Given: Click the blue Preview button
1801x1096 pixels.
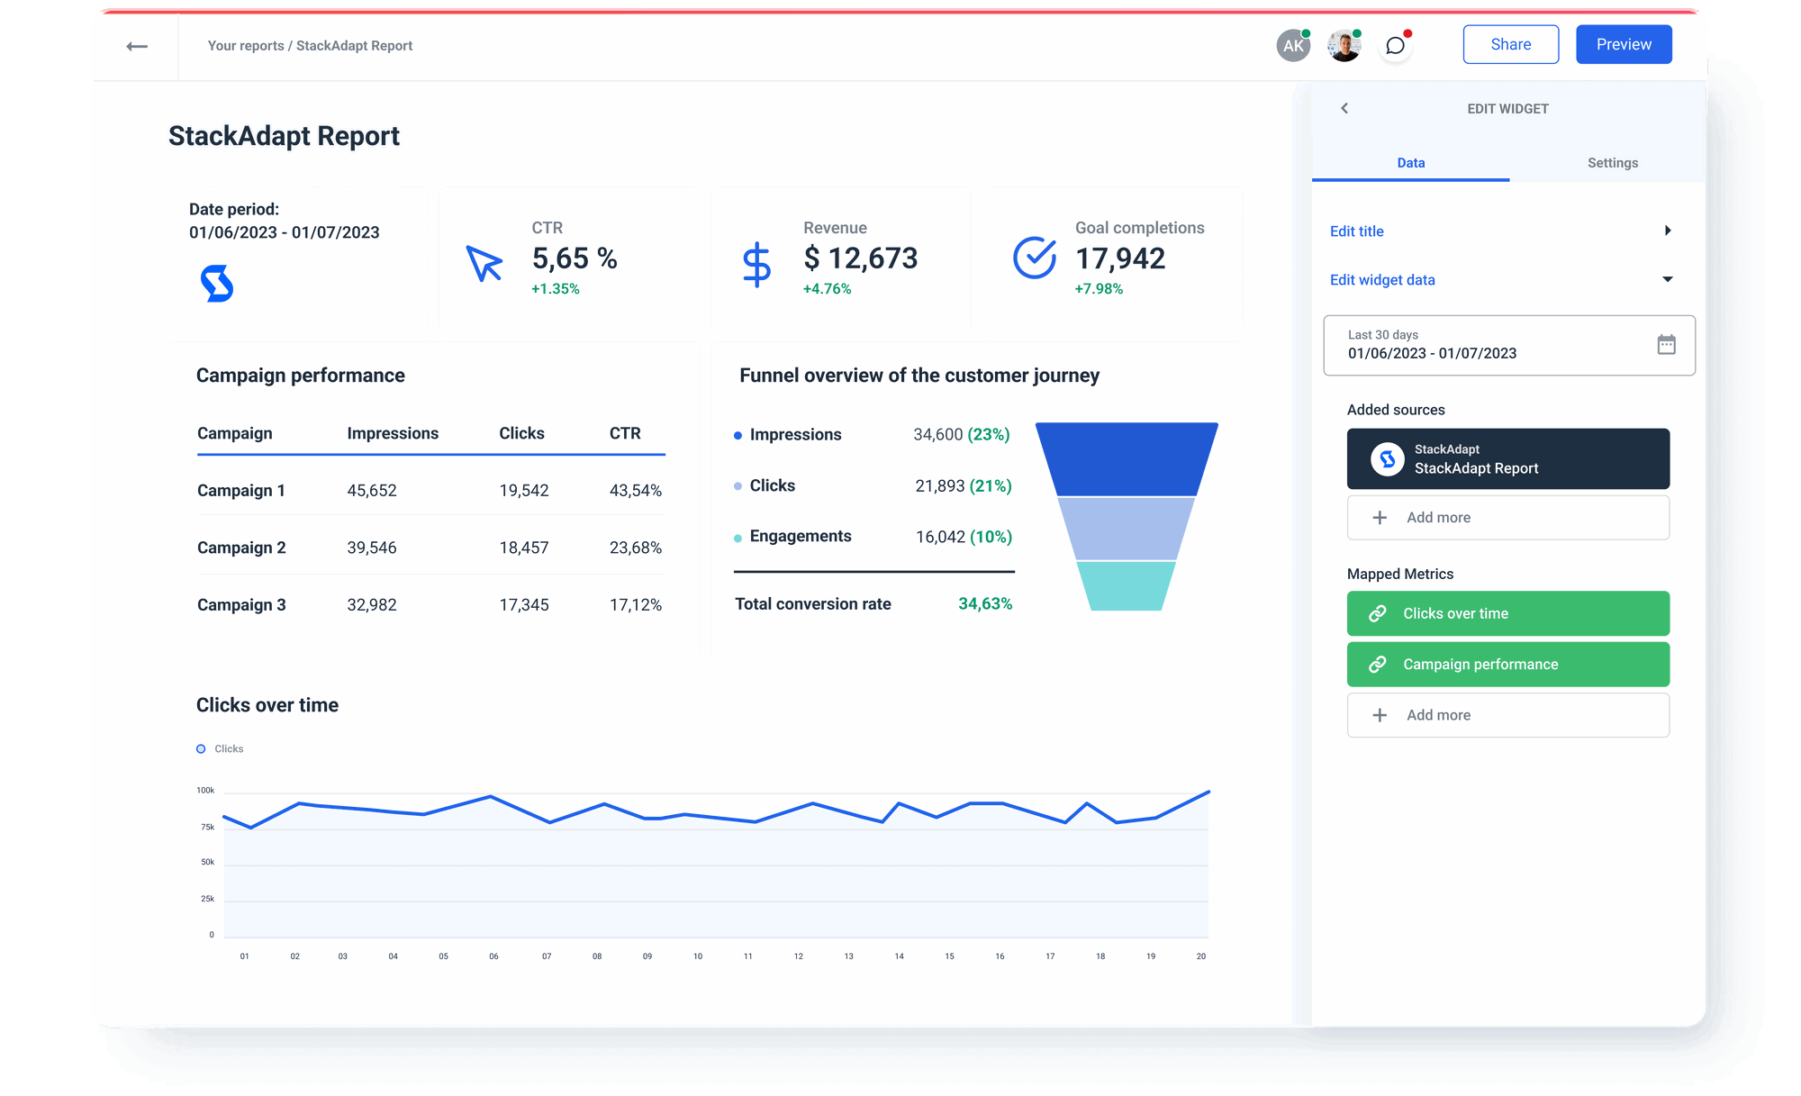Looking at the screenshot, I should click(x=1624, y=45).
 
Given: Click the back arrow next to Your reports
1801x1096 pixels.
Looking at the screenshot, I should click(x=137, y=46).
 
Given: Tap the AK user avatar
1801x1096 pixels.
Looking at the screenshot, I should click(x=1293, y=46).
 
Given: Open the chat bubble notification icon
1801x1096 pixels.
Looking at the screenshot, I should click(x=1395, y=46).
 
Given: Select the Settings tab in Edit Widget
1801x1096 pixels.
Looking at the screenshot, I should click(x=1612, y=163).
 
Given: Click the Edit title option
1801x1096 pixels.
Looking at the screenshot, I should click(x=1357, y=231).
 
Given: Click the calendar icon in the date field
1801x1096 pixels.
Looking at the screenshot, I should click(x=1666, y=345).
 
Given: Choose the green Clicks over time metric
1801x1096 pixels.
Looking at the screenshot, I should click(x=1507, y=613).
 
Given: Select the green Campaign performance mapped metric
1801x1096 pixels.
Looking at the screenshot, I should click(x=1507, y=665).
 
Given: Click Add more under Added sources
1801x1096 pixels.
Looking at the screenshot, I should click(x=1507, y=518).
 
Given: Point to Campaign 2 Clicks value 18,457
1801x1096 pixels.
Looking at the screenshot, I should click(x=523, y=548).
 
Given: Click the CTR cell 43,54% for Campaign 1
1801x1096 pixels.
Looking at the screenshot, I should click(x=635, y=491).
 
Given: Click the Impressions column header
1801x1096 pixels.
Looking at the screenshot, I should click(x=393, y=433).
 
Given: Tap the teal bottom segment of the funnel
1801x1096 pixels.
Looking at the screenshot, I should click(x=1126, y=586).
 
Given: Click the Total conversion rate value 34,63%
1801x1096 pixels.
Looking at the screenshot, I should click(x=984, y=604).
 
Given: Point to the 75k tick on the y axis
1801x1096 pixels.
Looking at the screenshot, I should click(x=208, y=827).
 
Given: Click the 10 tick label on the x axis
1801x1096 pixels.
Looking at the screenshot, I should click(x=698, y=956).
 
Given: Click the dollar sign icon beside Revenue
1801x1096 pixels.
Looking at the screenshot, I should click(x=756, y=264).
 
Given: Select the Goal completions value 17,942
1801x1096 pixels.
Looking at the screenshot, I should click(x=1120, y=259).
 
